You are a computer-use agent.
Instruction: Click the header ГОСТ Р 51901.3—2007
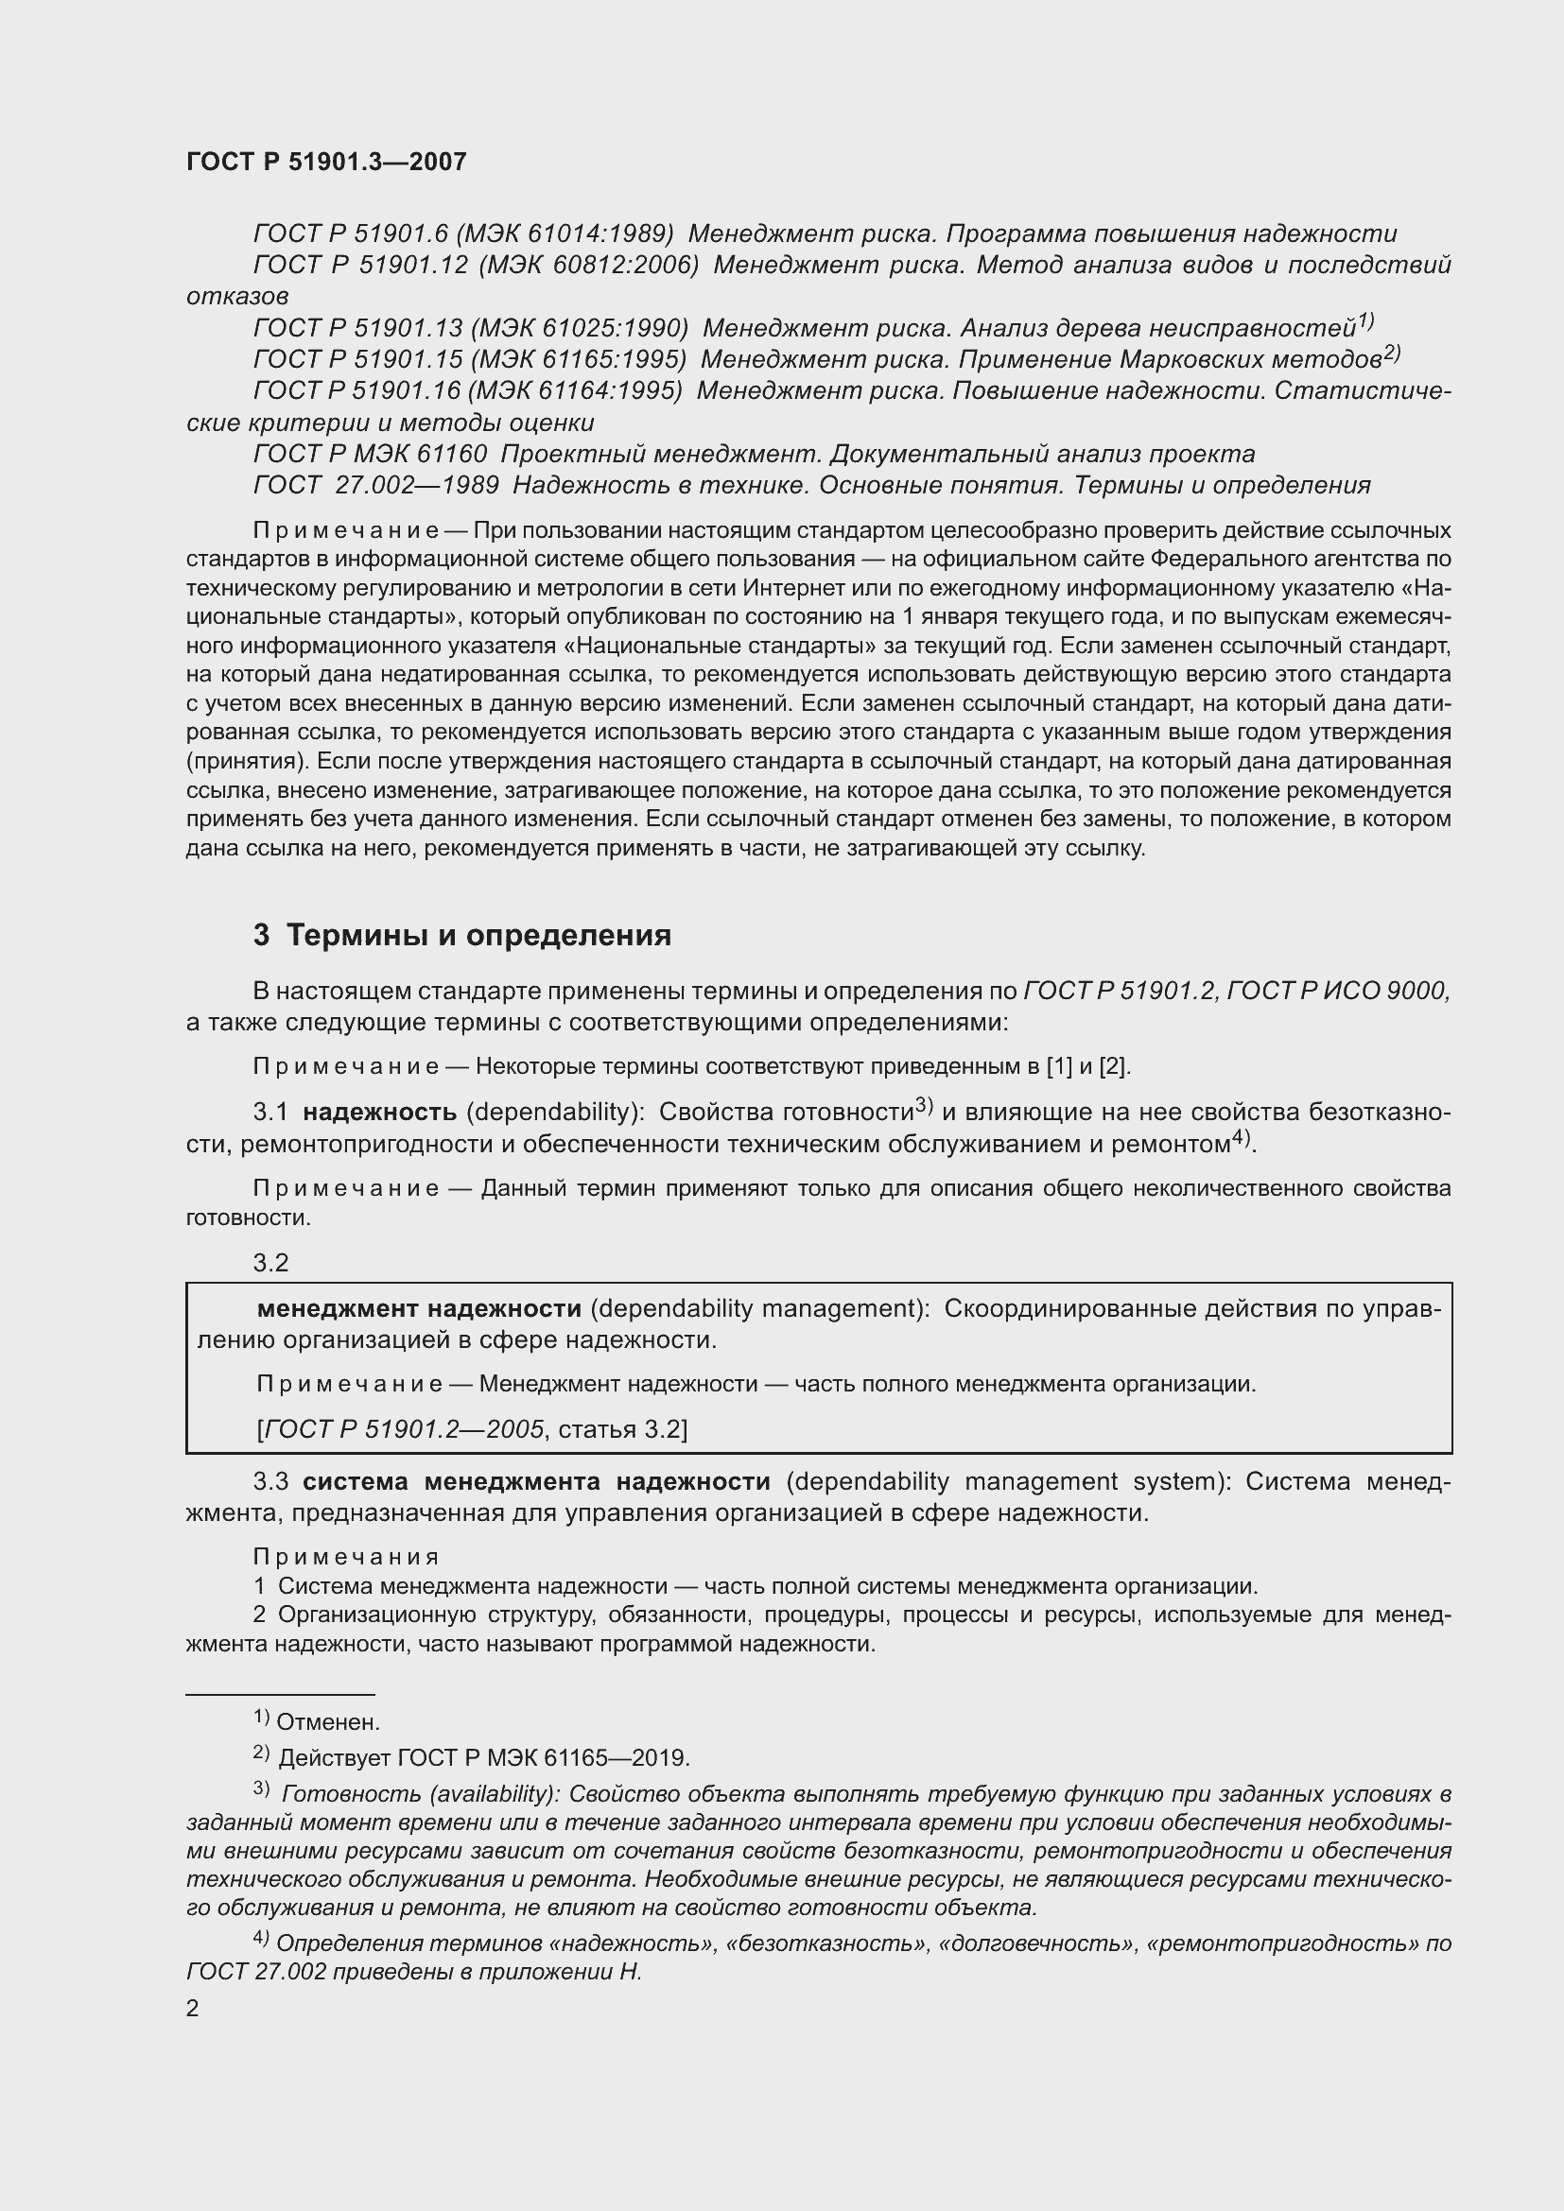[325, 162]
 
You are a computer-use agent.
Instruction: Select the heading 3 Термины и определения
[462, 935]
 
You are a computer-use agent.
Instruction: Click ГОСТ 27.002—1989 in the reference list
[375, 485]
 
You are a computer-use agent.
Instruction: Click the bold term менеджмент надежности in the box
[419, 1308]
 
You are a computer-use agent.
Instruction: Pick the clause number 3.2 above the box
[270, 1264]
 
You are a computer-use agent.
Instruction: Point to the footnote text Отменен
[327, 1721]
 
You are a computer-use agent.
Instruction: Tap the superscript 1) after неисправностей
[1364, 320]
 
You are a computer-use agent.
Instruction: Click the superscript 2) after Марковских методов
[1392, 353]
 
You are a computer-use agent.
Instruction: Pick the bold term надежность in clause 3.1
[379, 1113]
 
